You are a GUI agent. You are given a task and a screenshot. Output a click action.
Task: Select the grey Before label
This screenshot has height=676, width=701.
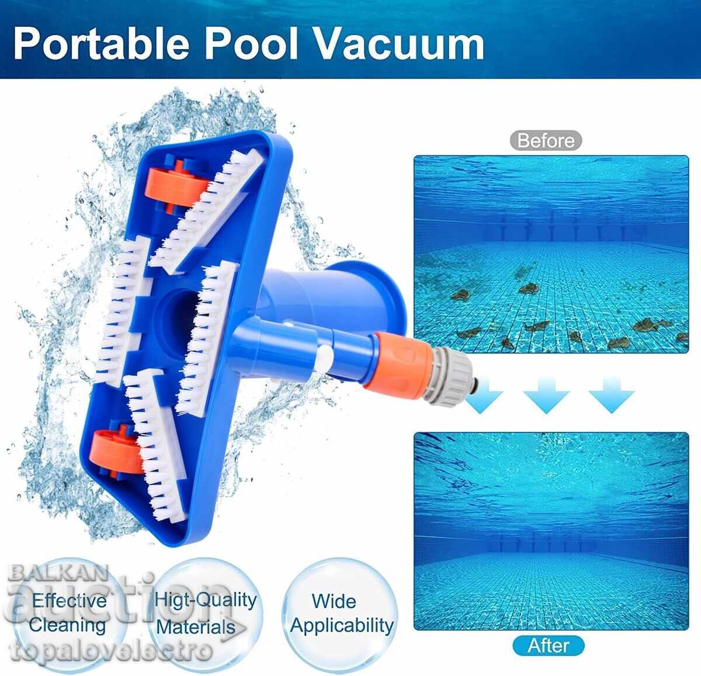(x=546, y=141)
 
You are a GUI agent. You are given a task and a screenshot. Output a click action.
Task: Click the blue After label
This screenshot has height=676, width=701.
(x=548, y=646)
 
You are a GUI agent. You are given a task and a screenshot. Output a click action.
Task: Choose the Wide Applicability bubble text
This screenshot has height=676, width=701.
(x=342, y=613)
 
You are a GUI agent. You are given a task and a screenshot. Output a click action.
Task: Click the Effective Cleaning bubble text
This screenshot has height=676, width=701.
(x=67, y=612)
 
